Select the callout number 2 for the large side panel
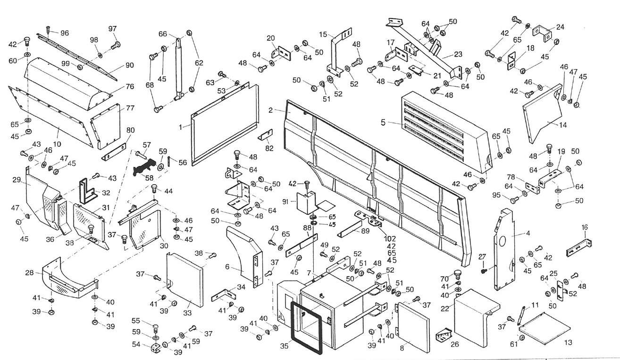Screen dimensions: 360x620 pos(270,110)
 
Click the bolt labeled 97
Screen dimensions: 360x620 pos(116,46)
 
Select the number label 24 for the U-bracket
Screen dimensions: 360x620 pos(560,27)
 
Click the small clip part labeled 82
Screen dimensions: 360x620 pos(266,135)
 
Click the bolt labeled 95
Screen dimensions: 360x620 pos(515,200)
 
